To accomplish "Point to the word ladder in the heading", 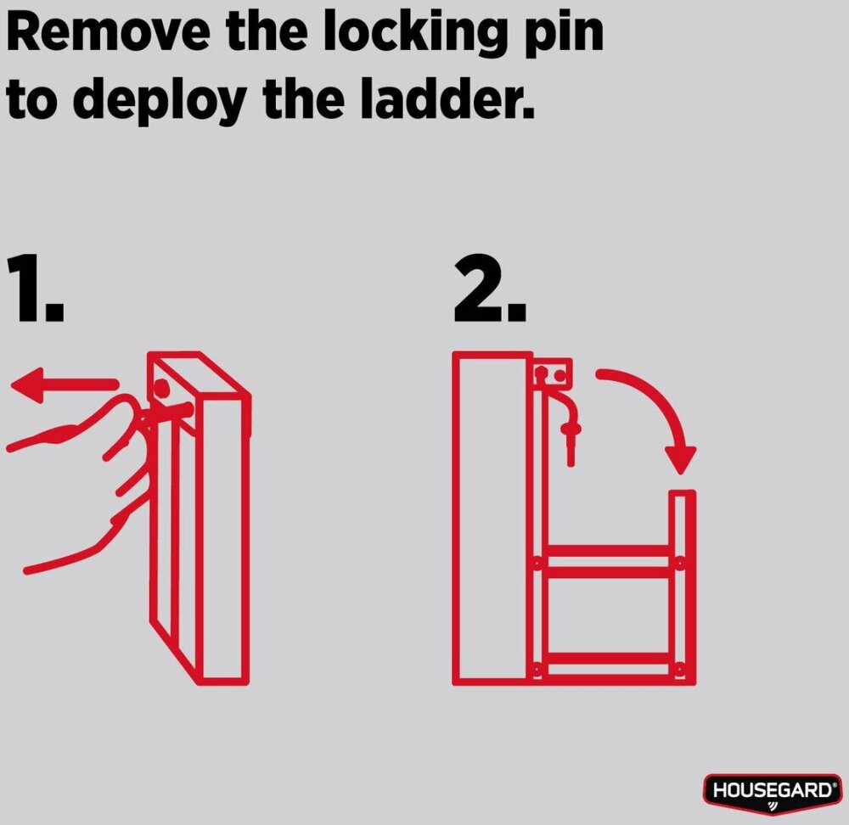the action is coord(447,98).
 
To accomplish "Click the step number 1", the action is coord(36,288).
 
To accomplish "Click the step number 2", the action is coord(490,288).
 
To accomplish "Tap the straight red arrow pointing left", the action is coord(64,384).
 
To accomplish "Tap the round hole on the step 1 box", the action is coord(161,387).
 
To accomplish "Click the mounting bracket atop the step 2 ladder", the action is coord(553,373).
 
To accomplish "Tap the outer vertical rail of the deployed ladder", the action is coord(683,587).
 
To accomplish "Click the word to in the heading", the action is coord(32,100).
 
